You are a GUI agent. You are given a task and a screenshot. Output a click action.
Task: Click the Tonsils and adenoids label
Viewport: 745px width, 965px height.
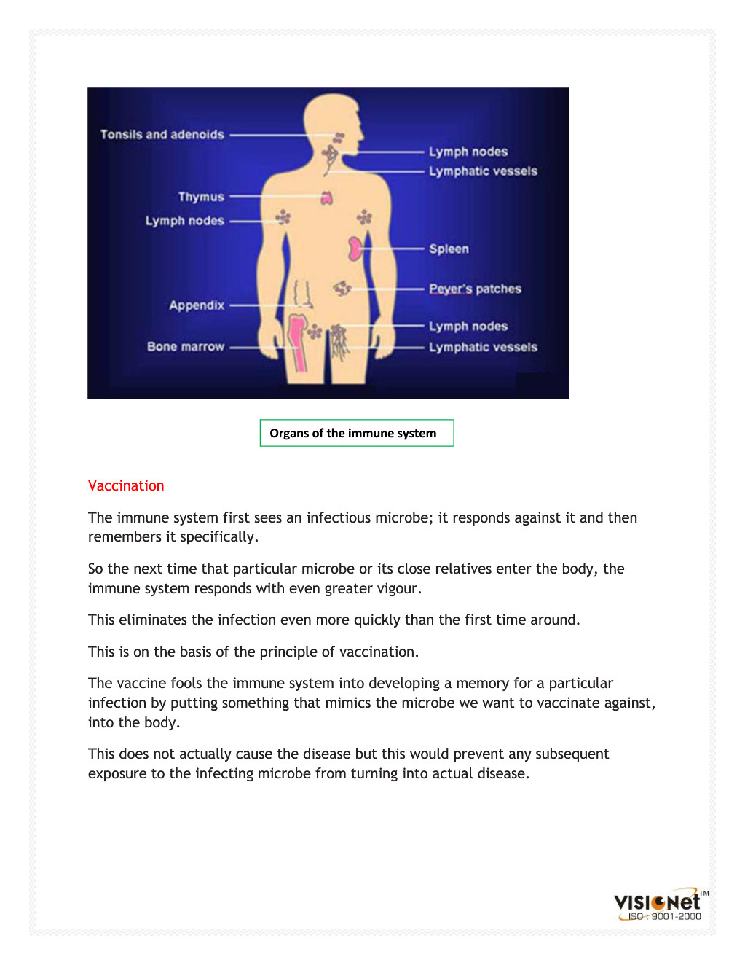click(x=162, y=135)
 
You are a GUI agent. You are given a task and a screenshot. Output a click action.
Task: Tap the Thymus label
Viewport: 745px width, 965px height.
click(x=201, y=197)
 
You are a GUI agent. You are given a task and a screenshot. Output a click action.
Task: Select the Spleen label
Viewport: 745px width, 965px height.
click(x=449, y=249)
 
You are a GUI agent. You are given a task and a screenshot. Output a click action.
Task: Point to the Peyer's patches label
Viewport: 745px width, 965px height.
click(x=475, y=289)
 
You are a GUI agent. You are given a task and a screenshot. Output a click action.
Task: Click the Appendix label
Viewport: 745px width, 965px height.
click(x=197, y=305)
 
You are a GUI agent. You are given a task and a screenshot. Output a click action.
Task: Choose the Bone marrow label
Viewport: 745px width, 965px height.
click(x=186, y=347)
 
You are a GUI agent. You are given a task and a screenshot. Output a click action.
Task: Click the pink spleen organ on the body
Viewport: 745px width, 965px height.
click(x=355, y=249)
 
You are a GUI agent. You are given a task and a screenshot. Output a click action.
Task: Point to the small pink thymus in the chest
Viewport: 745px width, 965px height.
click(x=327, y=198)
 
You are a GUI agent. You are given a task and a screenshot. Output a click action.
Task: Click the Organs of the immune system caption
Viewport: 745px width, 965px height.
click(x=353, y=433)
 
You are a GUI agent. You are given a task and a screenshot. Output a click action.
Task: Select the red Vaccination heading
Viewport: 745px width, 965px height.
click(x=126, y=486)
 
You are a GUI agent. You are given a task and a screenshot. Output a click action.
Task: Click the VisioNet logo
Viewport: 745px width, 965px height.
click(x=658, y=901)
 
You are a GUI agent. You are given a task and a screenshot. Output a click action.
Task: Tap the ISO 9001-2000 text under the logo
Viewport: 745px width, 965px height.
click(x=664, y=917)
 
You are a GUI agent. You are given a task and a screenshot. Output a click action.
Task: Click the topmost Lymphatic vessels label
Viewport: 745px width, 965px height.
click(x=483, y=171)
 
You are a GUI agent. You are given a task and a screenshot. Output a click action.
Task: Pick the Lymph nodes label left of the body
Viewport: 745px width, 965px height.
click(x=184, y=221)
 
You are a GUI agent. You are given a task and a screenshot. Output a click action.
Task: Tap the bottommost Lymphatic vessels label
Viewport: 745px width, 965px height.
click(x=483, y=348)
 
